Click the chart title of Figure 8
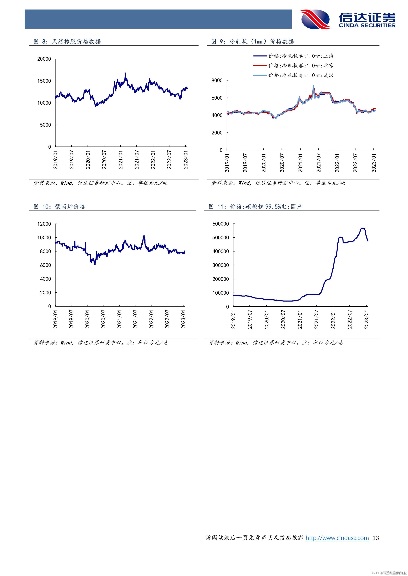click(x=67, y=41)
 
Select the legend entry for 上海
click(x=293, y=56)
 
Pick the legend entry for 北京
click(x=293, y=66)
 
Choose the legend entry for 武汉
click(x=293, y=75)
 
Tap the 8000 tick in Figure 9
click(x=217, y=80)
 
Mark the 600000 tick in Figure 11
click(x=221, y=224)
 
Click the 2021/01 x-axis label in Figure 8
click(x=121, y=160)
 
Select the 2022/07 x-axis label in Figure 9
click(x=355, y=163)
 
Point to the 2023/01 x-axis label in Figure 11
click(x=367, y=319)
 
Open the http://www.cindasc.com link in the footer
click(x=337, y=545)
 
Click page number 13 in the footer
click(x=376, y=545)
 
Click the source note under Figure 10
click(x=100, y=343)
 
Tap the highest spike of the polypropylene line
click(x=144, y=236)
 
